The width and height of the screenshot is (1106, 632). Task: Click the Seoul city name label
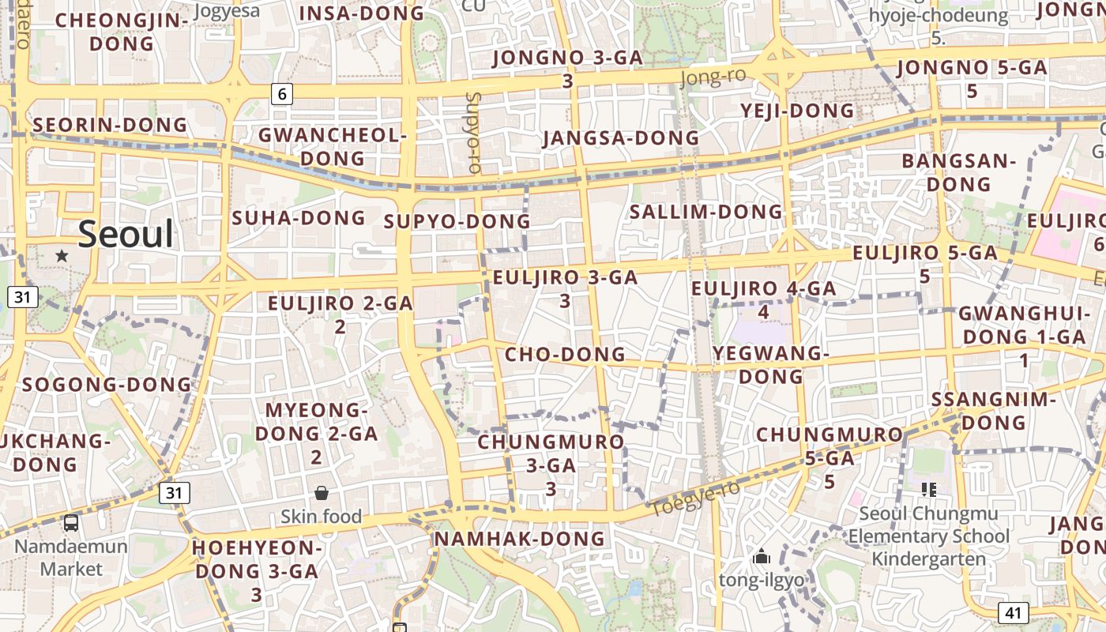coord(126,235)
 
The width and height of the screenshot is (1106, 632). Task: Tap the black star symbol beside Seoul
coord(62,256)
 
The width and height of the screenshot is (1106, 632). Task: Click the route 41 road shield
coord(1014,612)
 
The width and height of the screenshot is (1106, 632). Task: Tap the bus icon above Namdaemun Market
coord(71,522)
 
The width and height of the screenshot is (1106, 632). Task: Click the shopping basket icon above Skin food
coord(322,494)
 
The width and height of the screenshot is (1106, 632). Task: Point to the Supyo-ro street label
coord(474,132)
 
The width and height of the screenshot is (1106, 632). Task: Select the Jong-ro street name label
coord(712,77)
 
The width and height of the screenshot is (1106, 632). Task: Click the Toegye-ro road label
coord(695,498)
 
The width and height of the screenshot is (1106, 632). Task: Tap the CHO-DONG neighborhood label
coord(565,354)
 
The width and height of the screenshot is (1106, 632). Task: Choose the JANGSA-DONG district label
coord(621,138)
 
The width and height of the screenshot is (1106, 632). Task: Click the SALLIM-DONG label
coord(705,212)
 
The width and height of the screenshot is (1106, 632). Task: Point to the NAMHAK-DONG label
coord(519,539)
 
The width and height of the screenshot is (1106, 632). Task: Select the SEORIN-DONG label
coord(110,125)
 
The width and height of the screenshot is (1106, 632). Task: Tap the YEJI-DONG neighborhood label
coord(798,111)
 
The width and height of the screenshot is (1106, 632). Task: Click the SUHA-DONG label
coord(299,217)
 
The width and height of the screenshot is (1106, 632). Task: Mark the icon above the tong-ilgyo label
coord(762,557)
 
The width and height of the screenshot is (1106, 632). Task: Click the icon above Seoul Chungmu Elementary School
coord(928,490)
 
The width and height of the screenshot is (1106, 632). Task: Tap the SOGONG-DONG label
coord(107,385)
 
